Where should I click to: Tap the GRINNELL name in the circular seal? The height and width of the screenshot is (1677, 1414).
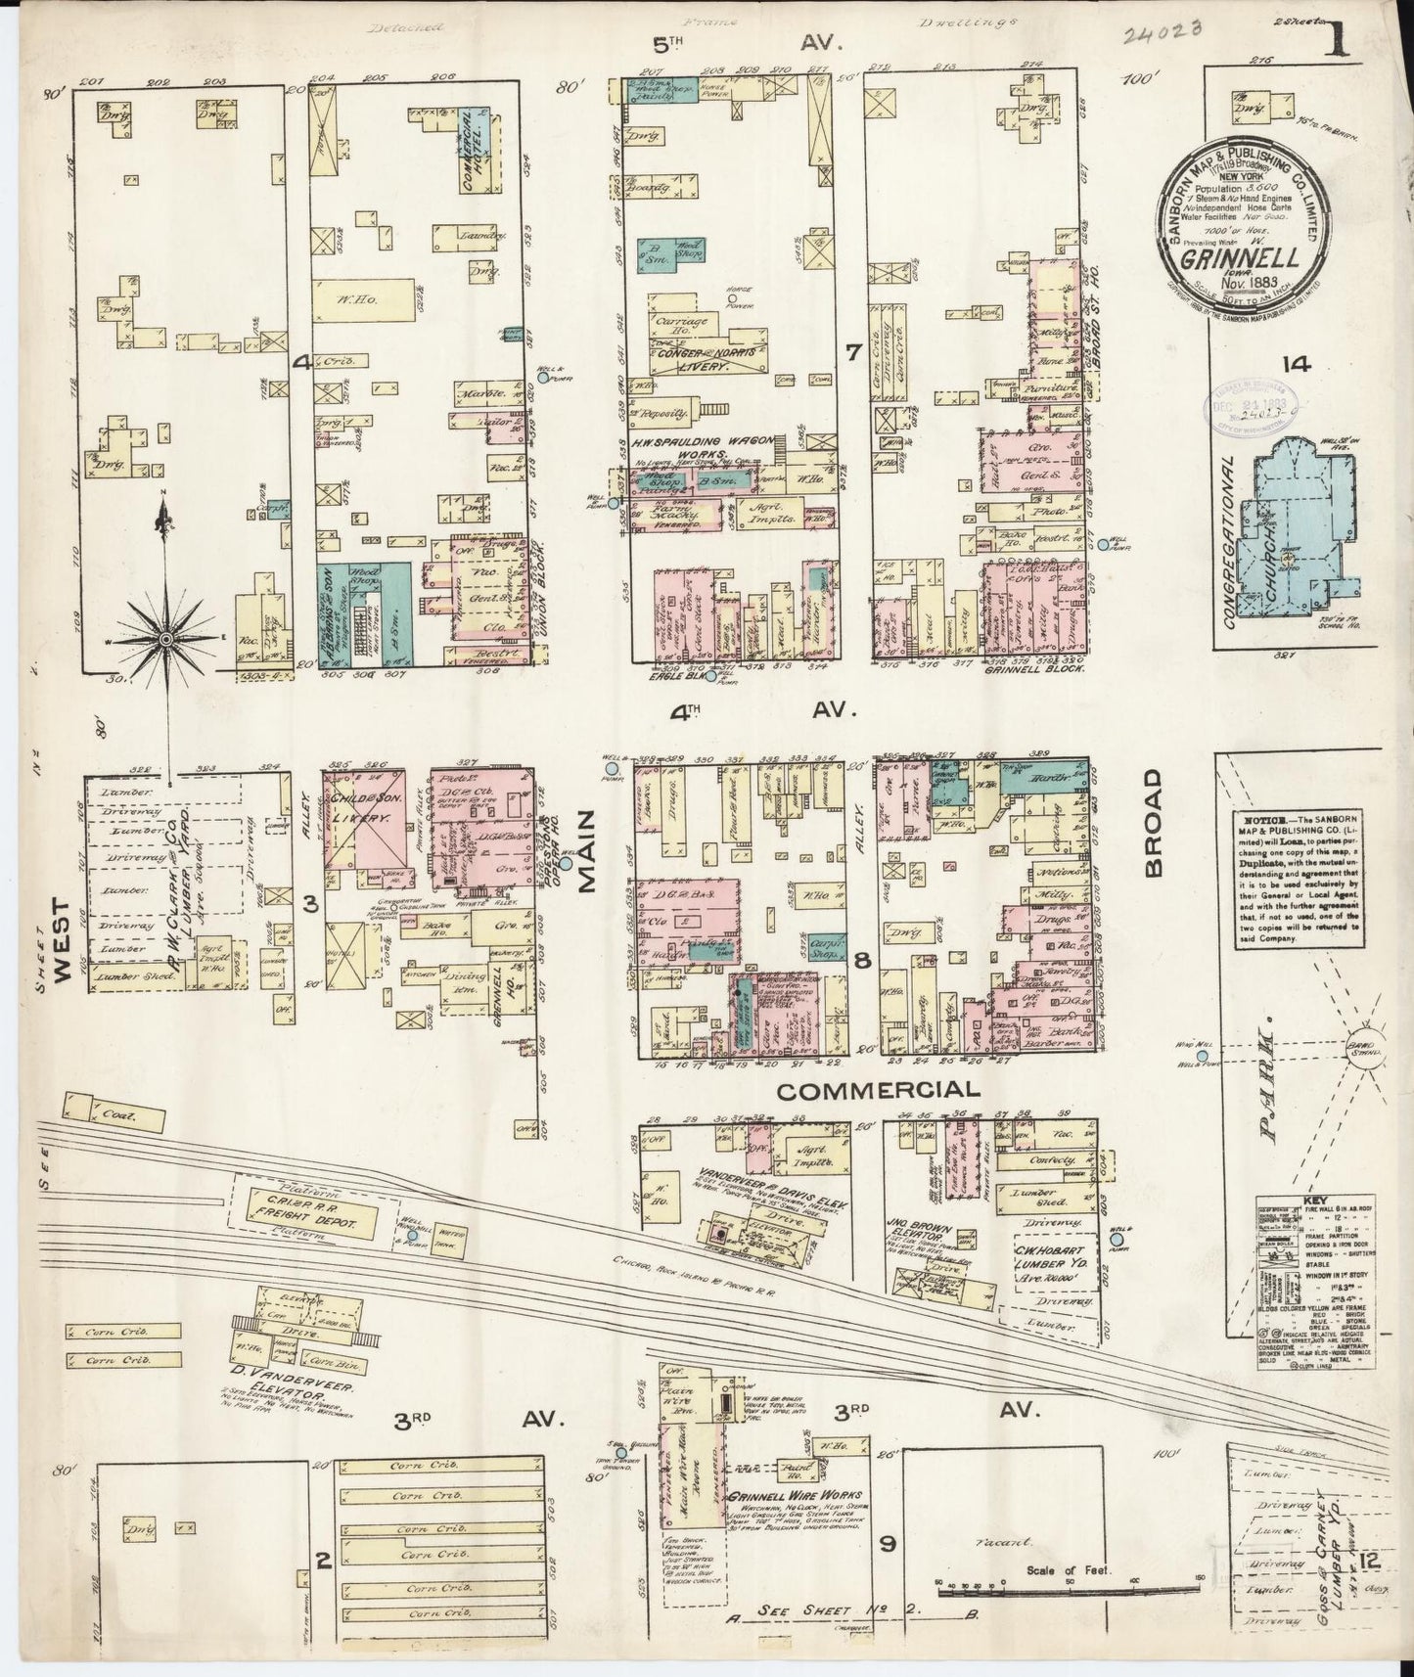(1241, 259)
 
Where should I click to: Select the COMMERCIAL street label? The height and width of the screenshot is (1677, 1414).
(879, 1090)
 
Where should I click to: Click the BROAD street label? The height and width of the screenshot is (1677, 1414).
(1155, 822)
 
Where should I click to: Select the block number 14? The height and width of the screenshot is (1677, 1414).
(1299, 365)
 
